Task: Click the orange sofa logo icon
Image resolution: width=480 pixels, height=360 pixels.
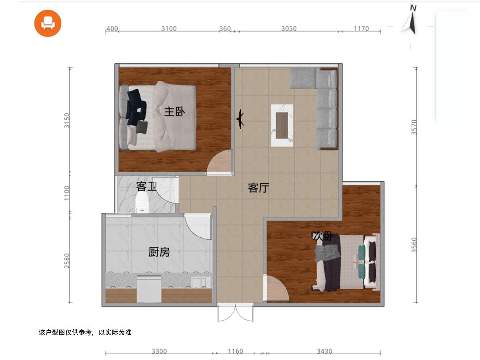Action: coord(48,23)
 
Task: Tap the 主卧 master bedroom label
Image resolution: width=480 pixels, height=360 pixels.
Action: coord(174,112)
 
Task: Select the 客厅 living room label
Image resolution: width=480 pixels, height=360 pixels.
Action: coord(258,188)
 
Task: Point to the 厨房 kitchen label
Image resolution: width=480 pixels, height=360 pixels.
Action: coord(159,252)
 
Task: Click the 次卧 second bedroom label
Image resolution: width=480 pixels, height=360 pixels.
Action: coord(322,236)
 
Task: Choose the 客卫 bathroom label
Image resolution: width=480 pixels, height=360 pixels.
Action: coord(146,186)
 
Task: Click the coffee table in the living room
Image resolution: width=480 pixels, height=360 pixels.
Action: coord(282,126)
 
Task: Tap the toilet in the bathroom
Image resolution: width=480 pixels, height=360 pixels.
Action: coord(142,202)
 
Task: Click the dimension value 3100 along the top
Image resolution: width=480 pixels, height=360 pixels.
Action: coord(169,28)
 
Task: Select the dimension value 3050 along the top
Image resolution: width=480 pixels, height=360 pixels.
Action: coord(289,28)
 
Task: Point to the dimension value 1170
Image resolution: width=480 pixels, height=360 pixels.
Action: coord(361,28)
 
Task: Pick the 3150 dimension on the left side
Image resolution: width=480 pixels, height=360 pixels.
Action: coord(67,120)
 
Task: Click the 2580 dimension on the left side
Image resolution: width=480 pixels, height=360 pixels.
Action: coord(67,260)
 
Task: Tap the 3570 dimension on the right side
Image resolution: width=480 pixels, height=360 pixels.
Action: coord(414,127)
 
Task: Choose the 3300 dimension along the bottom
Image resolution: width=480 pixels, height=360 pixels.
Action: coord(159,351)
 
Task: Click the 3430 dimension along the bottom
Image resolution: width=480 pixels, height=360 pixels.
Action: coord(324,351)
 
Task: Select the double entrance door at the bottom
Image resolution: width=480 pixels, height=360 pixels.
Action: coord(236,312)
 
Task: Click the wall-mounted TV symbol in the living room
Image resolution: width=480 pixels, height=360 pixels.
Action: coord(240,119)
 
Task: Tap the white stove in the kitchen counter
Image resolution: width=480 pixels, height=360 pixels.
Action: coord(149,289)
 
